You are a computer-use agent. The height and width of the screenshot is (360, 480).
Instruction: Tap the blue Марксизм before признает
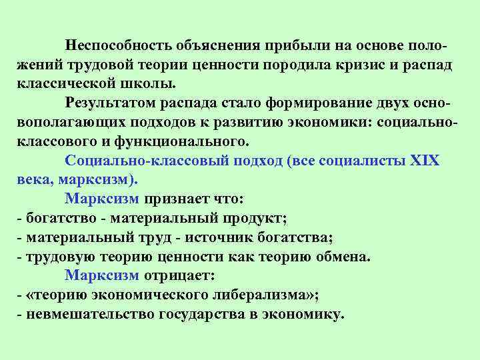coord(102,199)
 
